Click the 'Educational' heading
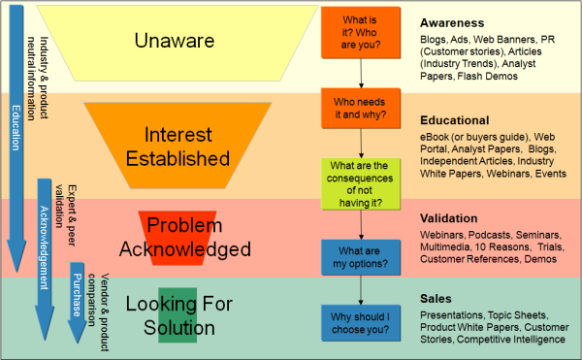pyautogui.click(x=454, y=119)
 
